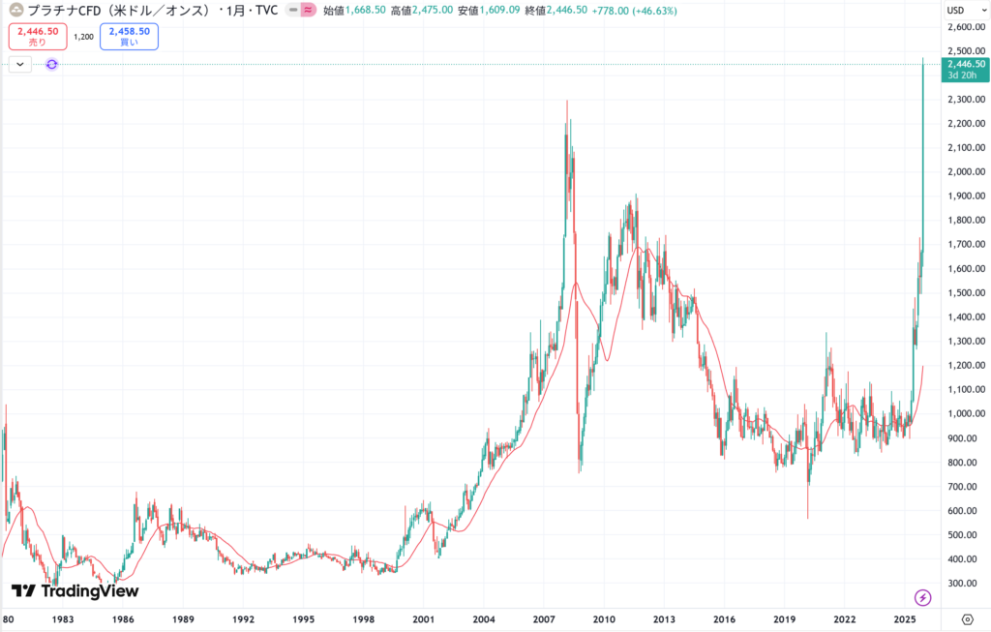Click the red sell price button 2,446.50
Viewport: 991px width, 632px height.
(x=37, y=36)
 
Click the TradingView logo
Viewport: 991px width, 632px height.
(x=75, y=590)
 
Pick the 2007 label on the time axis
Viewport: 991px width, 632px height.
(x=544, y=618)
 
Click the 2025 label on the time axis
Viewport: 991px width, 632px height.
(x=905, y=618)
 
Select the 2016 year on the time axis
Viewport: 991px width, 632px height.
(x=724, y=618)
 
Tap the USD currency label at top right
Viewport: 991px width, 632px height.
(x=955, y=10)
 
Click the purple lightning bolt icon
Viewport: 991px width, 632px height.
(x=923, y=597)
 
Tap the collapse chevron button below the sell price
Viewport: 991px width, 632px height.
(x=20, y=64)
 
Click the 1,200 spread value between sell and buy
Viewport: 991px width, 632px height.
(x=83, y=37)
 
